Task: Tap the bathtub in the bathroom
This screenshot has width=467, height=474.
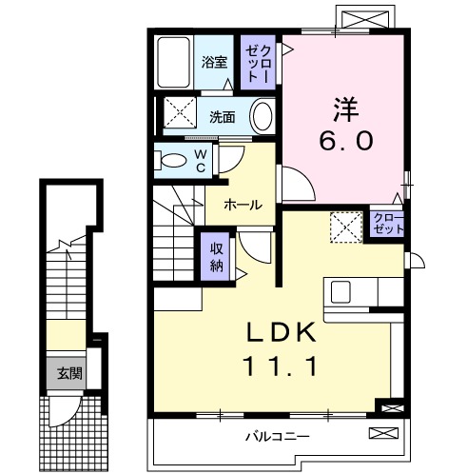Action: pyautogui.click(x=174, y=62)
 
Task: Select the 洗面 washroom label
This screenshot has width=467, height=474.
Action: pyautogui.click(x=223, y=118)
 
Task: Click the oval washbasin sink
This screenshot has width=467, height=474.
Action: pyautogui.click(x=263, y=117)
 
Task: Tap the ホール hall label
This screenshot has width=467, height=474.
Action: pyautogui.click(x=243, y=204)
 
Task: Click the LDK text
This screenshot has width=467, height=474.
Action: pyautogui.click(x=281, y=332)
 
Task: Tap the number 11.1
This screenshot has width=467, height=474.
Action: pyautogui.click(x=281, y=365)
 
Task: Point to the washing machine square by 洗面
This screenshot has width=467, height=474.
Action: pyautogui.click(x=178, y=111)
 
